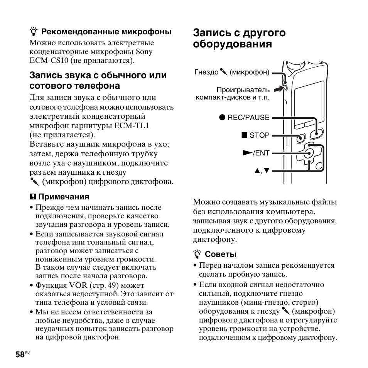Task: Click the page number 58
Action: click(x=20, y=354)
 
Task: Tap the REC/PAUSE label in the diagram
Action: click(x=248, y=118)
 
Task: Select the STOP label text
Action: click(x=259, y=135)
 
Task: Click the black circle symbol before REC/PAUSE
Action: click(x=223, y=118)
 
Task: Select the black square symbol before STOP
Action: click(x=244, y=135)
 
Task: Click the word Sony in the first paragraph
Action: click(x=144, y=52)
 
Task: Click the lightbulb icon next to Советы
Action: click(x=197, y=254)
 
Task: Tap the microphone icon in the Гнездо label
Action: click(x=224, y=72)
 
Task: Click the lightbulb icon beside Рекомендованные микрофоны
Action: click(x=34, y=32)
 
